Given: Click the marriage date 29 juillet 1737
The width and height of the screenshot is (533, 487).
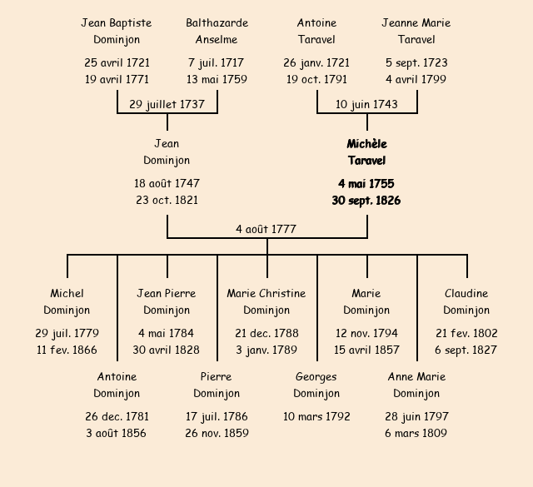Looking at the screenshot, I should click(167, 104).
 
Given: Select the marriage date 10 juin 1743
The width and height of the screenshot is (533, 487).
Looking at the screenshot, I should click(366, 104).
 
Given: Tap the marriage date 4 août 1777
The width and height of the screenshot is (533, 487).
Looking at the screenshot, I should click(266, 229).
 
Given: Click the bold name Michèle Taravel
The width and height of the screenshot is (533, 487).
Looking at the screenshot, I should click(366, 152).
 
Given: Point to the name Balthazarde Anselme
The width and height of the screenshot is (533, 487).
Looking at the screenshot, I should click(217, 31).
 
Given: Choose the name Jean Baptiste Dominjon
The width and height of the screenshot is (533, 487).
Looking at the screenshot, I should click(117, 31).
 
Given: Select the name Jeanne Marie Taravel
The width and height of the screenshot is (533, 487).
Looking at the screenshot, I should click(416, 31).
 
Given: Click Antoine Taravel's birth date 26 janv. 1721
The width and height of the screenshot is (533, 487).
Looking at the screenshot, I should click(316, 62).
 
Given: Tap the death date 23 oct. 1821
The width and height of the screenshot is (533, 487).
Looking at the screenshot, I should click(167, 200).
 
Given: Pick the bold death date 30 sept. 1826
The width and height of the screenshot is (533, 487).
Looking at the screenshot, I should click(366, 200).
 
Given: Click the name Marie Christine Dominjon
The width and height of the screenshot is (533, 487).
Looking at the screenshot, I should click(266, 301).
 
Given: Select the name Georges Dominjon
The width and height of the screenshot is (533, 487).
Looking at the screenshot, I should click(316, 385).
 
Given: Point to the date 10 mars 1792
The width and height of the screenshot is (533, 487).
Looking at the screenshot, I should click(316, 416).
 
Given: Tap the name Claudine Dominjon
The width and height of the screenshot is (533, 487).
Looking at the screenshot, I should click(466, 301).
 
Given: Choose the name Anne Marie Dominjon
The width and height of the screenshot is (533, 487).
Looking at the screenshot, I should click(416, 385).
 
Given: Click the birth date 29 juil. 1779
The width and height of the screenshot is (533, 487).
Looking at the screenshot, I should click(67, 333).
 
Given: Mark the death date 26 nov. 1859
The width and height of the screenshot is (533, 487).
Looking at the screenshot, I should click(217, 433).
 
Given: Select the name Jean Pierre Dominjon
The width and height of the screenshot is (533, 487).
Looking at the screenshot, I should click(167, 301).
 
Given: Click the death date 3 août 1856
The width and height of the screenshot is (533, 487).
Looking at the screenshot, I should click(117, 433).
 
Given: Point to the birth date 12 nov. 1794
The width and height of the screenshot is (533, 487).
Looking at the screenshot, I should click(366, 333).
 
